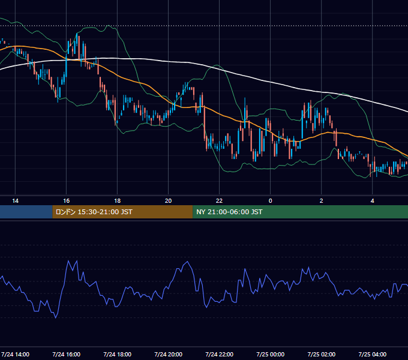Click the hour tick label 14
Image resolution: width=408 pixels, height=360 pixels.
(16, 201)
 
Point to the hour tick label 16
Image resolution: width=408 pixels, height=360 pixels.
(67, 201)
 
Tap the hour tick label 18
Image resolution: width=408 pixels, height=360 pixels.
(118, 201)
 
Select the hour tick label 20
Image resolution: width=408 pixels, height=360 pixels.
(169, 201)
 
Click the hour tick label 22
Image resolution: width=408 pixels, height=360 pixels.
(220, 201)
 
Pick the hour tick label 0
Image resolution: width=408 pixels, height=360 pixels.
(271, 201)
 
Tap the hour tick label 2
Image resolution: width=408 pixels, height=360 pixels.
(322, 201)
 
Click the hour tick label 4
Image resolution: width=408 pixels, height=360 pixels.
(373, 201)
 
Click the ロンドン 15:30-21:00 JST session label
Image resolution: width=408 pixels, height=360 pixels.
(94, 212)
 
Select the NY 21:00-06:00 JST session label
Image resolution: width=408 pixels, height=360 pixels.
(229, 212)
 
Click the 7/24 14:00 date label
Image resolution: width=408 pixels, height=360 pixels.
(15, 354)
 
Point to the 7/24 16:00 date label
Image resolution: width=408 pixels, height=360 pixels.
(67, 354)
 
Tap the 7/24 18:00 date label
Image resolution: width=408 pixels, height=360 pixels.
(118, 354)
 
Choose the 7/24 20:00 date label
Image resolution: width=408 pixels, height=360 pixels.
(169, 354)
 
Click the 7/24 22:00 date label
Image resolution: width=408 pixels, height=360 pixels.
(220, 354)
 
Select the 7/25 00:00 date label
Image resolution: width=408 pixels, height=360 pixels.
(271, 354)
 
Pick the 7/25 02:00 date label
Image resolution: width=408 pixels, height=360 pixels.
(322, 354)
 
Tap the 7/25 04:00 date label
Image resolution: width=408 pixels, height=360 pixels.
(373, 354)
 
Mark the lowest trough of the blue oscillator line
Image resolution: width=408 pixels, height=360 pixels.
(56, 318)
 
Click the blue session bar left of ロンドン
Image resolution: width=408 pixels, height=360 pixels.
(26, 212)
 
